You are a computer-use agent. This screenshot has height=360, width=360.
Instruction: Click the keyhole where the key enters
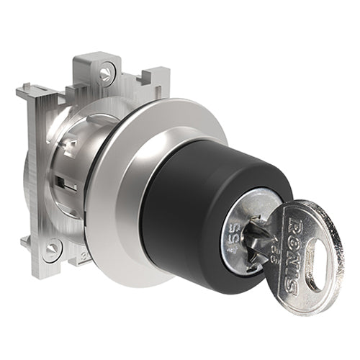point(253,229)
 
